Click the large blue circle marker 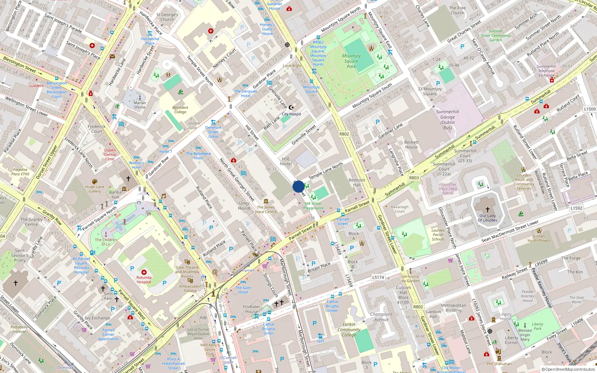[298, 186]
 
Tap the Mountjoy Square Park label [351, 61]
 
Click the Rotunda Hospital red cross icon [144, 272]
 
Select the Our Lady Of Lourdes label [488, 218]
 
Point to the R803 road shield [414, 178]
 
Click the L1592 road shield [576, 208]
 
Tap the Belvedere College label [180, 110]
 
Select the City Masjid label [291, 114]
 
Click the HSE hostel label [286, 161]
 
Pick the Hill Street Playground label [313, 206]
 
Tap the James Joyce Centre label [266, 209]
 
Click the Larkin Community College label [349, 329]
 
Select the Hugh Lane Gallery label [94, 189]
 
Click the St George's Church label [167, 17]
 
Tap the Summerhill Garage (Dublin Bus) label [447, 119]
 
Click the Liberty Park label [537, 326]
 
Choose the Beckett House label [412, 144]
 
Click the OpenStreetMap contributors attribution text [568, 369]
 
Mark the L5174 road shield [378, 277]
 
